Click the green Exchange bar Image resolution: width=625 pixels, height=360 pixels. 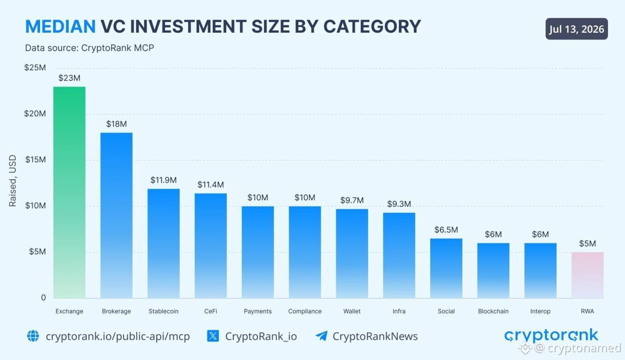(69, 192)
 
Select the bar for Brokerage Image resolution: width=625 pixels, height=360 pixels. (116, 215)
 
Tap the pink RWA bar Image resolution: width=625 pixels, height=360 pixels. (587, 275)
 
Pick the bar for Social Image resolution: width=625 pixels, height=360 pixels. (446, 268)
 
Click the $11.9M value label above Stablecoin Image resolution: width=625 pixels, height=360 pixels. (164, 180)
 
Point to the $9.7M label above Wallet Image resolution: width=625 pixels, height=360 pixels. (352, 200)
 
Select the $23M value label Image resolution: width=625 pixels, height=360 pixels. (69, 78)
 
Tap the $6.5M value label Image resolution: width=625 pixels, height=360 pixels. (446, 230)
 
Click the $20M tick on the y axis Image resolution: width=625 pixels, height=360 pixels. (35, 114)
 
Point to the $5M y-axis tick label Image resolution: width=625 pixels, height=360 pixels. (38, 252)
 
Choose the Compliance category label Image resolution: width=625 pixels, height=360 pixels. (305, 311)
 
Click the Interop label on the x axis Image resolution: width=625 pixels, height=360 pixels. (540, 311)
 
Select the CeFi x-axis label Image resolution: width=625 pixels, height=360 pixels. (210, 311)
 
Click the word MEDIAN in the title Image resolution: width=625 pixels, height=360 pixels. (61, 26)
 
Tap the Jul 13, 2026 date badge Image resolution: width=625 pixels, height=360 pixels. (577, 29)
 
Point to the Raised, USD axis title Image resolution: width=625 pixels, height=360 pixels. (13, 181)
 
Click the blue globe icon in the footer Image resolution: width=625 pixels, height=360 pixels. (33, 336)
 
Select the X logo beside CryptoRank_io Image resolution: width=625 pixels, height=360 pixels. (213, 336)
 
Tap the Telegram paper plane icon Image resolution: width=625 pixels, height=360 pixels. (321, 336)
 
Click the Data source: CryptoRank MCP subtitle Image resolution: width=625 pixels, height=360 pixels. (89, 48)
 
